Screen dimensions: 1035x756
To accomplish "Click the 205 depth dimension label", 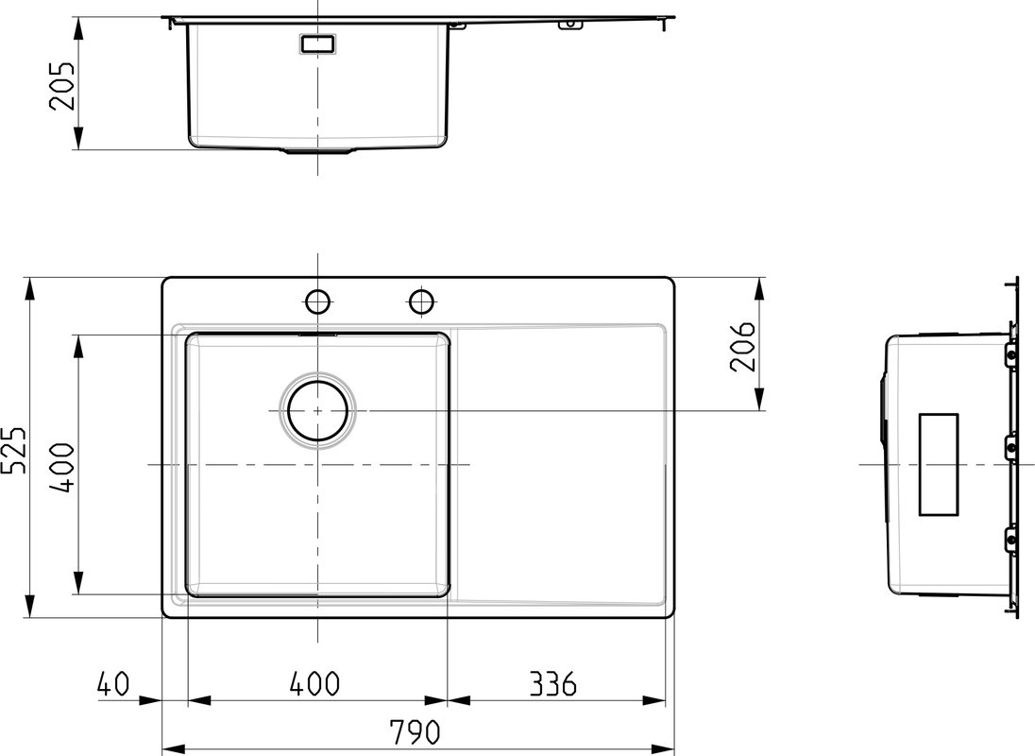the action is click(62, 86).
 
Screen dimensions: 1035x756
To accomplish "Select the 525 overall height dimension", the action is click(14, 450).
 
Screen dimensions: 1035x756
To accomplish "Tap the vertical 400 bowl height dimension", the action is click(63, 468).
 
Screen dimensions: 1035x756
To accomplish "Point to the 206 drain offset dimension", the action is click(742, 347).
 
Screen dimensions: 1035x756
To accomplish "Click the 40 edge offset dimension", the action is click(113, 684).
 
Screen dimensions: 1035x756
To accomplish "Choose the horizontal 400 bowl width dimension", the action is click(314, 684).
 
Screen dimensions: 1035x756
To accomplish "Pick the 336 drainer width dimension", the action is click(553, 684).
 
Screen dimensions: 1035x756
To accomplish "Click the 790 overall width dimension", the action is click(415, 732).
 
